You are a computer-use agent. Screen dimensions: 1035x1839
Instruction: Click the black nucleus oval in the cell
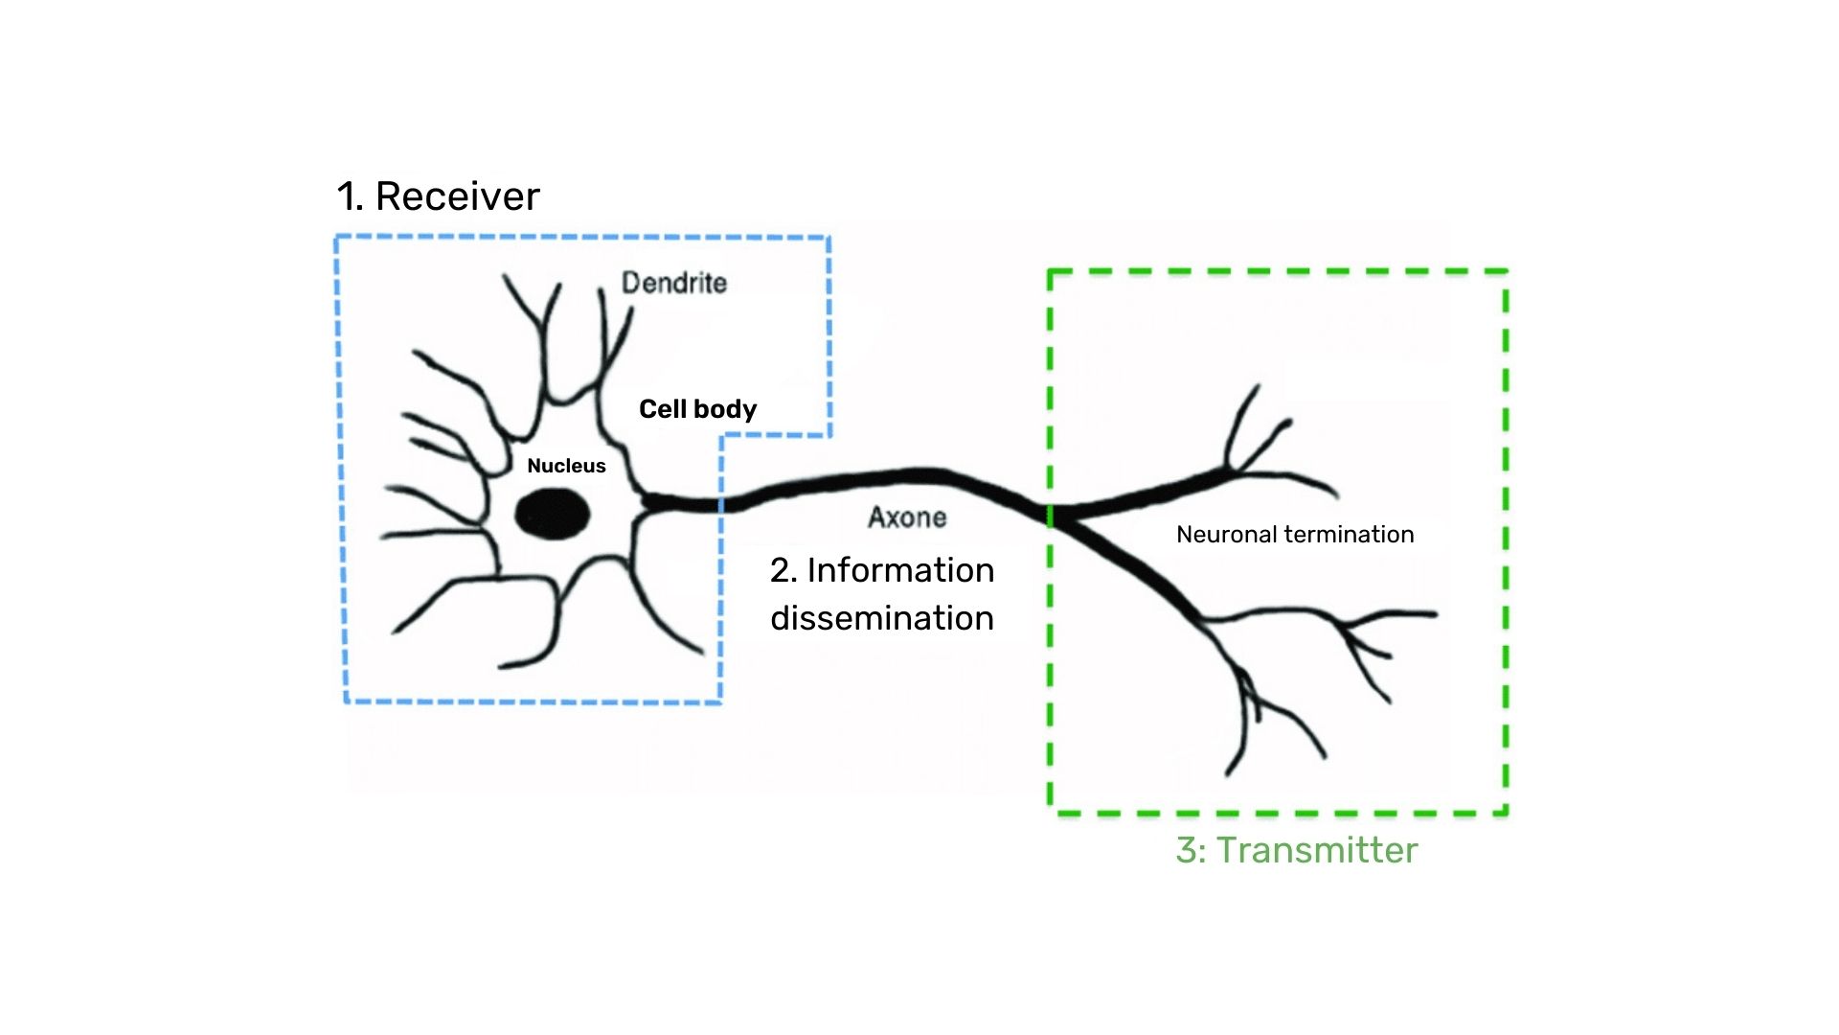click(553, 515)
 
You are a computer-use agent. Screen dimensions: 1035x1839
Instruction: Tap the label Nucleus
click(566, 466)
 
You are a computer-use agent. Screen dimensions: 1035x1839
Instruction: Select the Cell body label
click(697, 409)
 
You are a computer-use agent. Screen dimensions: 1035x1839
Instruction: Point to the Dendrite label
click(674, 283)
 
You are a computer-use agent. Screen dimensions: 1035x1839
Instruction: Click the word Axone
click(907, 517)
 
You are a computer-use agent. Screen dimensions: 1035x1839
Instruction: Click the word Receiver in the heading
click(457, 196)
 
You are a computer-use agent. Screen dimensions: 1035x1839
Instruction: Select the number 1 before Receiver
click(347, 196)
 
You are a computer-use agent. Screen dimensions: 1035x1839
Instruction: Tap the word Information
click(900, 570)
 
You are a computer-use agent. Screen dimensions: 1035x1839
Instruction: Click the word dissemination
click(882, 618)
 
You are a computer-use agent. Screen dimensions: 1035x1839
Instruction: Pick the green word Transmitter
click(1317, 851)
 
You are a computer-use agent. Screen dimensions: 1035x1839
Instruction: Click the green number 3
click(1186, 851)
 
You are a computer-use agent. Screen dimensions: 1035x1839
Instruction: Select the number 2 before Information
click(781, 570)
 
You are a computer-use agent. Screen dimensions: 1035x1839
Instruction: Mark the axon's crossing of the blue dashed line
click(722, 504)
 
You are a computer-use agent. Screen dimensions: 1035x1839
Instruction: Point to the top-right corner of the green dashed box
click(1507, 272)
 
